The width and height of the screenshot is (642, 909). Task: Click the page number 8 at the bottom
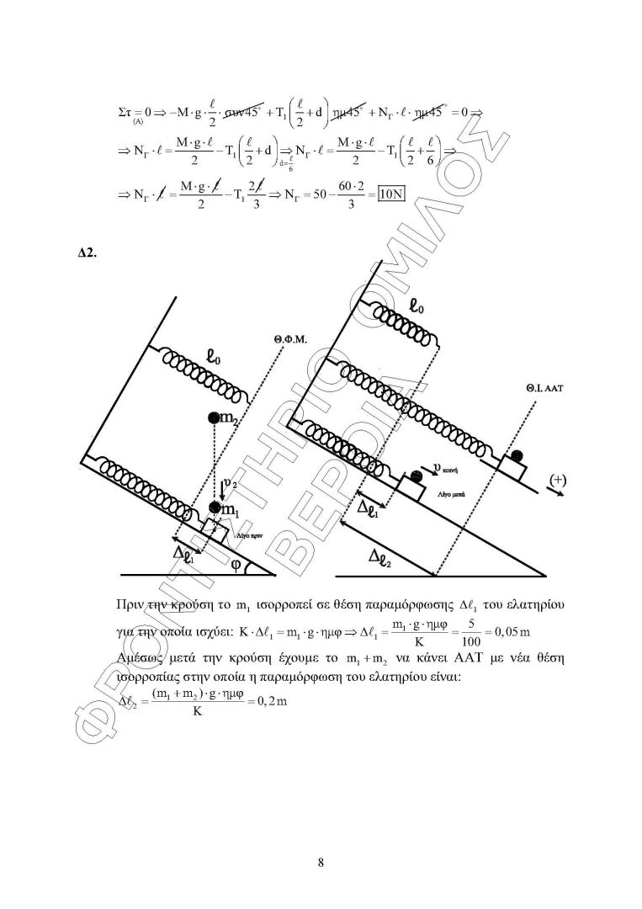pyautogui.click(x=321, y=861)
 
